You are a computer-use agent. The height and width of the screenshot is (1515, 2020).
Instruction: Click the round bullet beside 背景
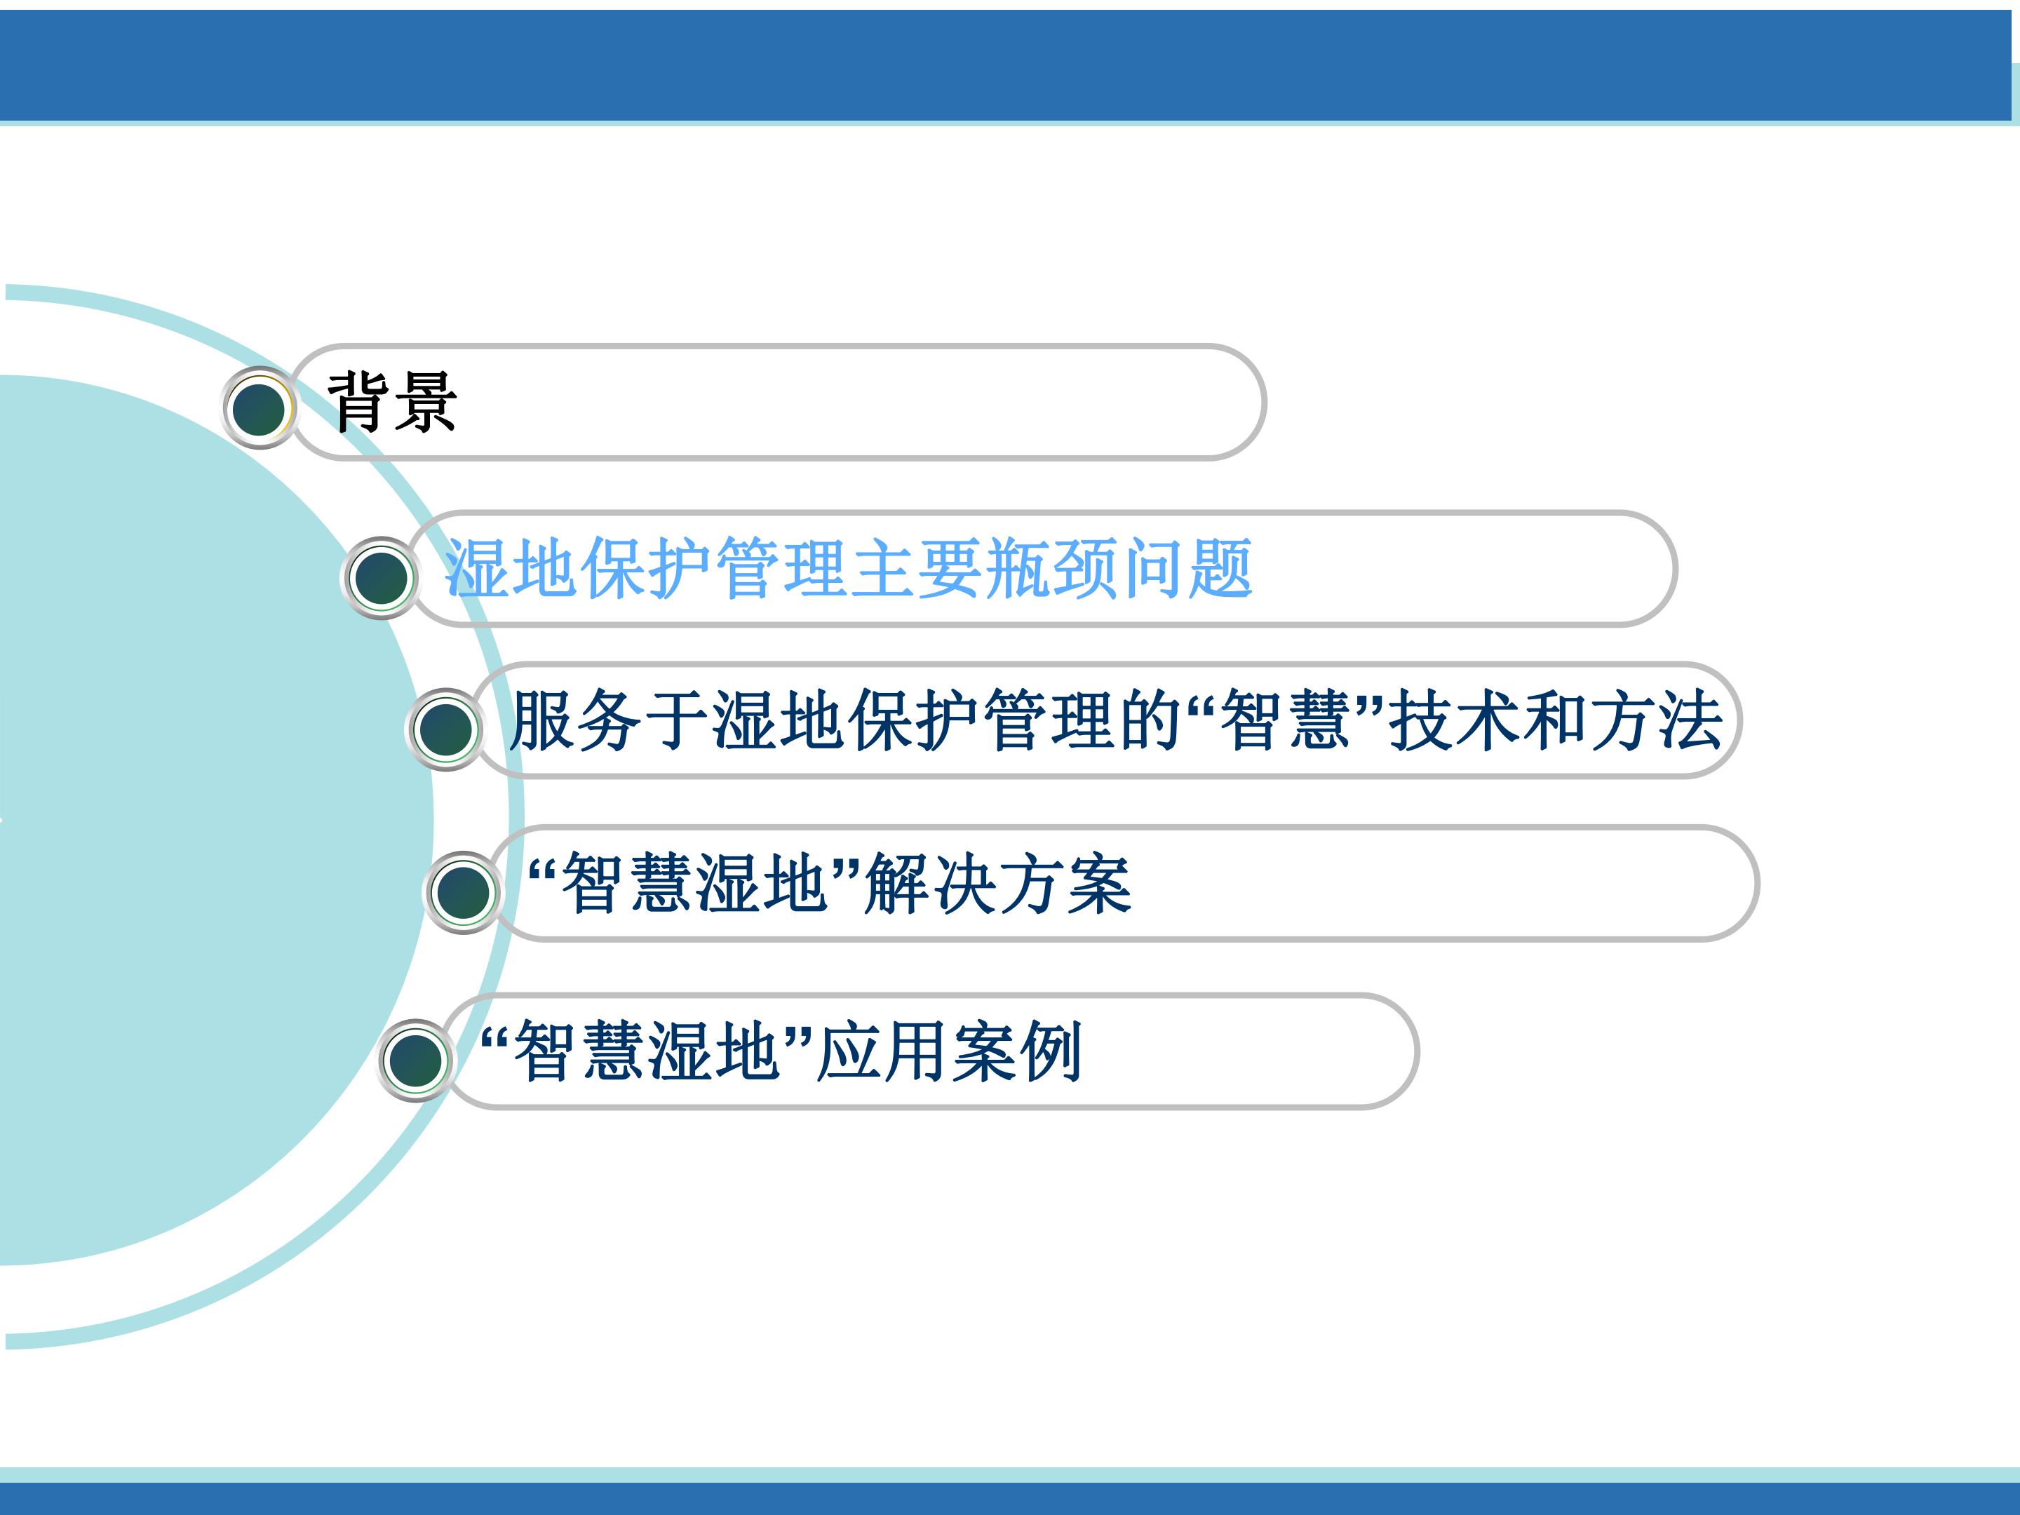pos(260,408)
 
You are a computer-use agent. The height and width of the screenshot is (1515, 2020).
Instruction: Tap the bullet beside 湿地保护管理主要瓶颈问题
pos(381,577)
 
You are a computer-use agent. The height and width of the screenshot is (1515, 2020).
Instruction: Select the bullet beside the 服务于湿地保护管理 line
pos(445,729)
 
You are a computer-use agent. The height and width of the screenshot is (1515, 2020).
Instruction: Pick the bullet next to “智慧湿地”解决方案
pos(463,892)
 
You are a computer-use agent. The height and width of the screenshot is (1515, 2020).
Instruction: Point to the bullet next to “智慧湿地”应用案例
pos(415,1060)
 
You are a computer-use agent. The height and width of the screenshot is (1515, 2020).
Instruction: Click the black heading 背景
pos(393,402)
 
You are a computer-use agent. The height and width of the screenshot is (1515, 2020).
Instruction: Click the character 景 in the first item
pos(426,402)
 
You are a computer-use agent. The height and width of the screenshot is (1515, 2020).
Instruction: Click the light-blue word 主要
pos(917,568)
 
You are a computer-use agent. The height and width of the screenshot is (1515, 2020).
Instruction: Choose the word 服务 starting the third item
pos(577,720)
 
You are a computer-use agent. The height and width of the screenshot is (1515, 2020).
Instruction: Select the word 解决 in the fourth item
pos(931,884)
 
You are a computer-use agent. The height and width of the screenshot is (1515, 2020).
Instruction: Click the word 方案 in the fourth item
pos(1065,884)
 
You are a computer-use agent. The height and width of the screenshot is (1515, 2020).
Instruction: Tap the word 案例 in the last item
pos(1017,1052)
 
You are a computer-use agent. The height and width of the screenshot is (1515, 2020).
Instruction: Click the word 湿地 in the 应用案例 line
pos(714,1052)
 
